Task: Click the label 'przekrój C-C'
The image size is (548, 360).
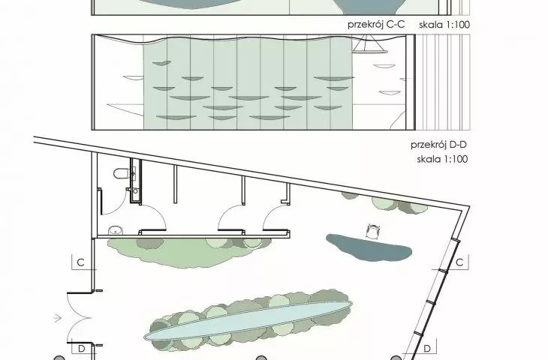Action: click(x=376, y=25)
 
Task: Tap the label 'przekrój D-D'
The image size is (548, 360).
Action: click(x=438, y=145)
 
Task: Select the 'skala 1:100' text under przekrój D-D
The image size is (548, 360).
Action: click(x=442, y=159)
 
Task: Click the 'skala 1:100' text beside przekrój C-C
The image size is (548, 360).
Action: click(x=444, y=25)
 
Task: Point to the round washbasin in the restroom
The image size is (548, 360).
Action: click(x=116, y=230)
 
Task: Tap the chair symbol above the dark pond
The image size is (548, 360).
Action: click(x=373, y=231)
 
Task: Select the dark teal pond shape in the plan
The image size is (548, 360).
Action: click(x=369, y=247)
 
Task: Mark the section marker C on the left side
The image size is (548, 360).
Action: click(x=81, y=262)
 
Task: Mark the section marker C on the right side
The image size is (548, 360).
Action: click(x=460, y=262)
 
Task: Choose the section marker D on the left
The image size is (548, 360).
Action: click(x=81, y=349)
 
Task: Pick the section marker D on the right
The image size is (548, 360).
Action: click(x=427, y=349)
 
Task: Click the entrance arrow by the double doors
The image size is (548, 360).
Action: click(x=58, y=318)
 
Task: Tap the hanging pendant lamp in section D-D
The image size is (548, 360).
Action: click(x=369, y=46)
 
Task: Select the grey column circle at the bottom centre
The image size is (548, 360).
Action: click(x=260, y=358)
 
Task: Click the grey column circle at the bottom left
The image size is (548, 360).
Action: click(x=59, y=358)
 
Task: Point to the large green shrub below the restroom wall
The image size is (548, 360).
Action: click(x=188, y=251)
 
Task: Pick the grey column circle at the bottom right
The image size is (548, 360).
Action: click(x=396, y=358)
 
